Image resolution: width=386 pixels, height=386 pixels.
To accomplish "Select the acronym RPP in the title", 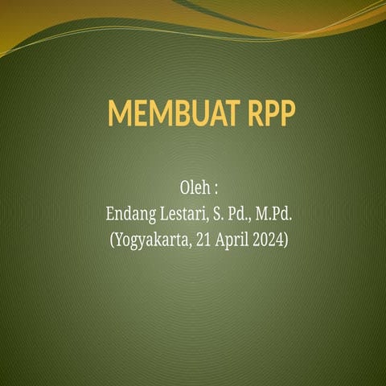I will click(x=268, y=115).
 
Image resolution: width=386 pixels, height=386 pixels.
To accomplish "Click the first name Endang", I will click(x=129, y=214).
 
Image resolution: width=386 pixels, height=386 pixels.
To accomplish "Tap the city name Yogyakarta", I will click(x=151, y=240).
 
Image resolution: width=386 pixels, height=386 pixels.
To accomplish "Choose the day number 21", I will click(x=203, y=239).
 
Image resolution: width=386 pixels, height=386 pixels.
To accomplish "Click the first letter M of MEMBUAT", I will click(x=120, y=115).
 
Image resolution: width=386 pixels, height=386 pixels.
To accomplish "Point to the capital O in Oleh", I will click(x=183, y=187).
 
